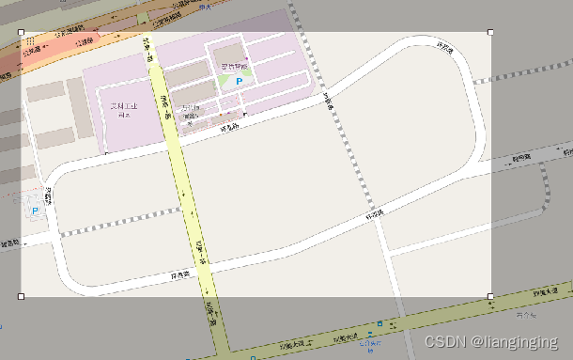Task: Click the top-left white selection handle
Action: click(x=22, y=32)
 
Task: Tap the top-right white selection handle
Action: click(x=490, y=32)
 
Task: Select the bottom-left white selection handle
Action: click(x=22, y=296)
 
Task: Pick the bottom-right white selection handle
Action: click(x=490, y=296)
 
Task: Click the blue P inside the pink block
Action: click(x=239, y=84)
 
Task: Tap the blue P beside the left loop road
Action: click(x=36, y=211)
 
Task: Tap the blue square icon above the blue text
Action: click(x=379, y=323)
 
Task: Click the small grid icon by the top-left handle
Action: click(x=30, y=42)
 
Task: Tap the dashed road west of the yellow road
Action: click(x=113, y=226)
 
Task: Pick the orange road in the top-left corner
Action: click(x=56, y=47)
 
